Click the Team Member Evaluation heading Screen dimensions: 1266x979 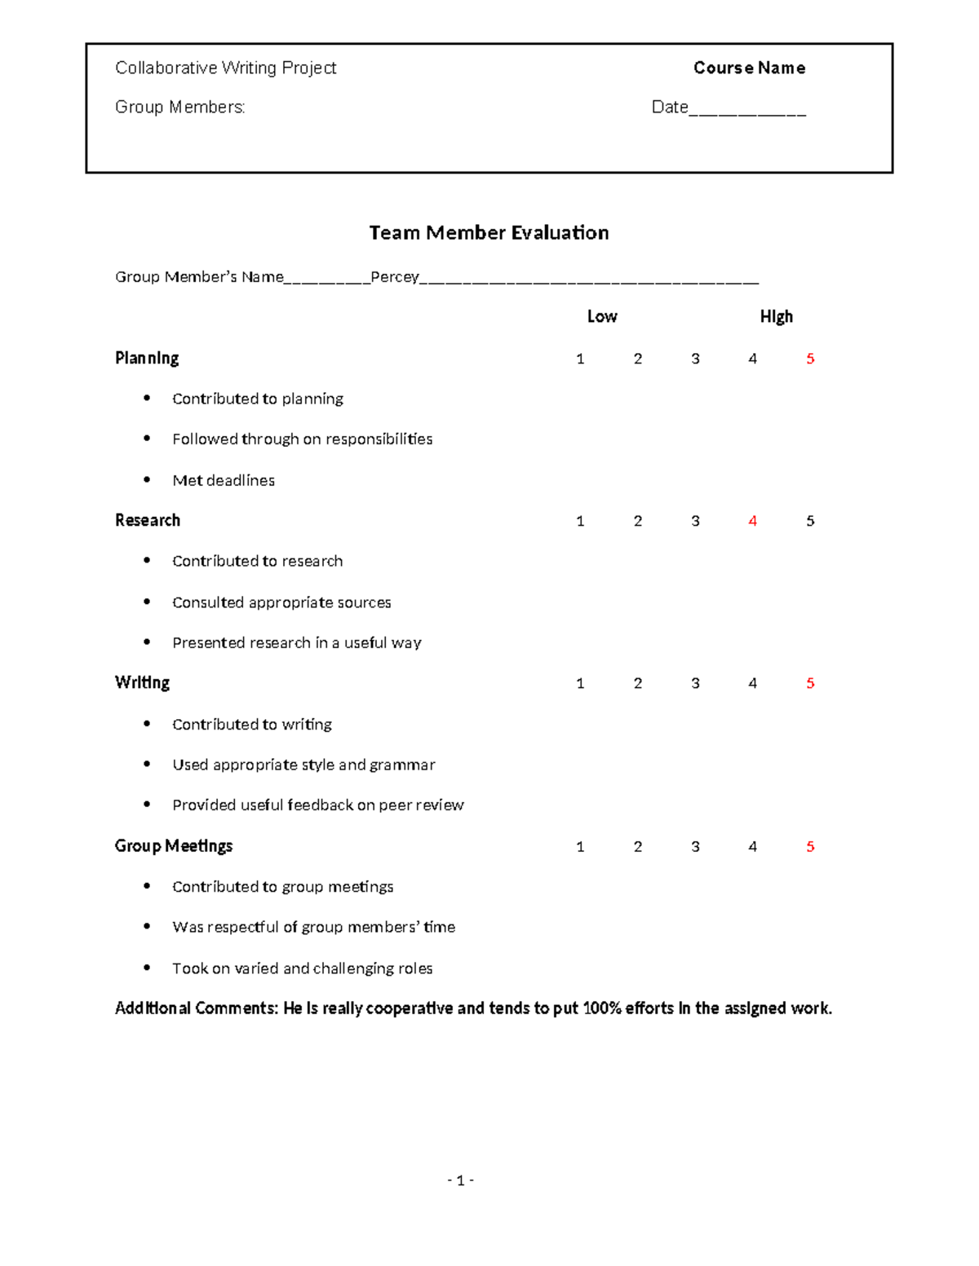coord(489,233)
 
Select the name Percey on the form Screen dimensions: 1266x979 coord(394,277)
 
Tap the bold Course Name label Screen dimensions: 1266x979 coord(749,68)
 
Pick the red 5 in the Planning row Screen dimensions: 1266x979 coord(809,359)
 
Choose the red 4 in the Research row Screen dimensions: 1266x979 coord(752,521)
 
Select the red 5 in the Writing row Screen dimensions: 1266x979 coord(809,683)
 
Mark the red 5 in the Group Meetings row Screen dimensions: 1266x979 coord(809,847)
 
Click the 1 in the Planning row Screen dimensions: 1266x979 coord(580,359)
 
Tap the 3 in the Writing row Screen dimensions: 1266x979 coord(695,683)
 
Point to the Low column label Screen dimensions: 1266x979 coord(602,316)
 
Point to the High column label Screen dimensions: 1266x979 coord(776,316)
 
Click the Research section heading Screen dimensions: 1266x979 coord(148,520)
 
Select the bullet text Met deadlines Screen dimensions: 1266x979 coord(224,480)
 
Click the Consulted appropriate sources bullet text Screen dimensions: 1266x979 coord(281,602)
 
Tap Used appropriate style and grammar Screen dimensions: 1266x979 coord(303,765)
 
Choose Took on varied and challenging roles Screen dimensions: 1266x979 coord(302,968)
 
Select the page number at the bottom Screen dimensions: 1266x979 coord(460,1180)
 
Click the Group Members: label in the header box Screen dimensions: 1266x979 coord(180,107)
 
